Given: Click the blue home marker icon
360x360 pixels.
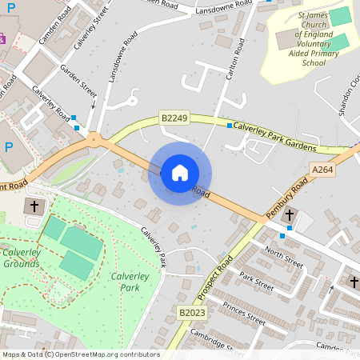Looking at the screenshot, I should pos(180,173).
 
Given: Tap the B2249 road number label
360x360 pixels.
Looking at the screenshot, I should pos(174,118).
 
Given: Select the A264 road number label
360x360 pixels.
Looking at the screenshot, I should pos(322,170).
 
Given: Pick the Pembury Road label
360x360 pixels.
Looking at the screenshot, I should pos(286,200).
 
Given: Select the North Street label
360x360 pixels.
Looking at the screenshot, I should pos(284,256).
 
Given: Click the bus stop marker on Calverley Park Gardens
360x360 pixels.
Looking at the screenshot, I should pos(230,126).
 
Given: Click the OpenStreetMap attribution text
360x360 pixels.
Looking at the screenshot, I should pos(80,354).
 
